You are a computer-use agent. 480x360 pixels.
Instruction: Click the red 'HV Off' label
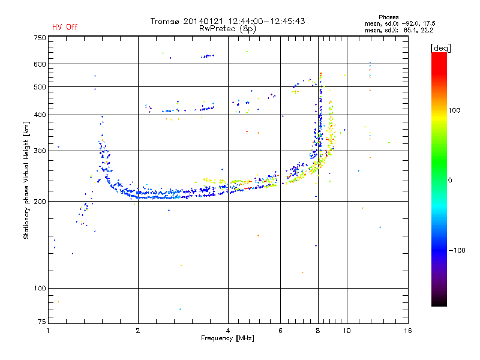point(64,27)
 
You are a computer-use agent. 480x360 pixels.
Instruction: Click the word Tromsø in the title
point(164,21)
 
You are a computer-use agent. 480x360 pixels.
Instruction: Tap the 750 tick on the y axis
point(40,38)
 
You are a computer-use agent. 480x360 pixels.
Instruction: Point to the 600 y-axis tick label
point(40,64)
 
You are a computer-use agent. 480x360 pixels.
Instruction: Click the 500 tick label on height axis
point(40,87)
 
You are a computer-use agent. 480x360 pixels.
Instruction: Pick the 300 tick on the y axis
point(40,151)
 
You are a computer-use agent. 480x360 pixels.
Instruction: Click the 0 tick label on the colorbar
point(450,180)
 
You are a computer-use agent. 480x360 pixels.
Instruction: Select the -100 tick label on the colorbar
point(455,250)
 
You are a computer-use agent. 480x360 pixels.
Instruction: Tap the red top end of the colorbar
point(439,55)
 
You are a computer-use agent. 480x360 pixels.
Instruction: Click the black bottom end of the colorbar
point(439,304)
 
